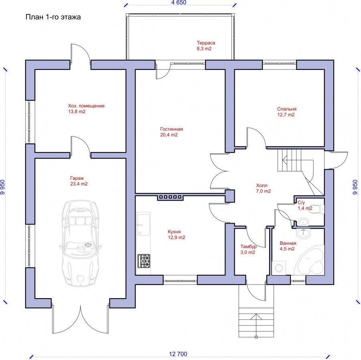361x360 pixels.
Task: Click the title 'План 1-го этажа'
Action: click(x=53, y=17)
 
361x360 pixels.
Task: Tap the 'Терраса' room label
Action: click(x=206, y=43)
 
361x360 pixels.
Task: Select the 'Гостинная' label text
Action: click(x=172, y=129)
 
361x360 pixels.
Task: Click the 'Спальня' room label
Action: click(x=287, y=109)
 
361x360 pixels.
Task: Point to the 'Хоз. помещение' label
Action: click(x=86, y=106)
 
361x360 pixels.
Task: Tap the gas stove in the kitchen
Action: click(x=144, y=261)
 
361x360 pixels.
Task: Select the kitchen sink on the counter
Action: click(x=144, y=225)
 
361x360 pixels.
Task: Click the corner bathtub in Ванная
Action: click(x=310, y=260)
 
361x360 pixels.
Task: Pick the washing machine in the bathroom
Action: click(x=279, y=268)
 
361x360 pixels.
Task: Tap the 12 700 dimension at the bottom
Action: click(x=178, y=354)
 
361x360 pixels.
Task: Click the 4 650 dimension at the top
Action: click(x=178, y=2)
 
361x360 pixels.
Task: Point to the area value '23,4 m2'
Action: click(x=79, y=184)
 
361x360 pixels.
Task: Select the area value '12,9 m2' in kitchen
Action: click(x=176, y=238)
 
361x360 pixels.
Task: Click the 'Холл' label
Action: click(x=262, y=185)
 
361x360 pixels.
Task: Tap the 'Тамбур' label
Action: click(x=248, y=246)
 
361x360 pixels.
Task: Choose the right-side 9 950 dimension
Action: click(x=355, y=187)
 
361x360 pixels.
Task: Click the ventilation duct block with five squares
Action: click(x=170, y=197)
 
